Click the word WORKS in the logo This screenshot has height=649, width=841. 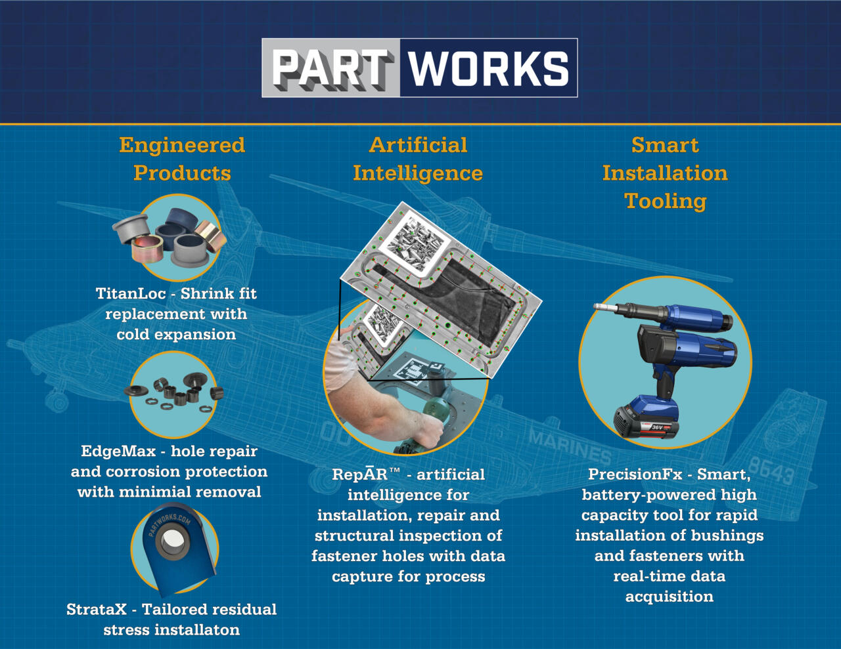[x=488, y=68]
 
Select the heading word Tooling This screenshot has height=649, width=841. [x=666, y=201]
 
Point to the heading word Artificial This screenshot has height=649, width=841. [x=418, y=145]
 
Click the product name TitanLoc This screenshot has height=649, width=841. [x=131, y=294]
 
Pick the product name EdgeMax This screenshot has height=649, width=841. [x=118, y=451]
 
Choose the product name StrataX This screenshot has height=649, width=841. [x=97, y=610]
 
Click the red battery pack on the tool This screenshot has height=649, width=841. [x=646, y=419]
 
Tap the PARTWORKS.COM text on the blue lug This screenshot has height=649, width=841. [x=170, y=524]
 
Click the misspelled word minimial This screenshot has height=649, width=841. [x=156, y=492]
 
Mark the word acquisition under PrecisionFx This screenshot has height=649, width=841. [x=669, y=597]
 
